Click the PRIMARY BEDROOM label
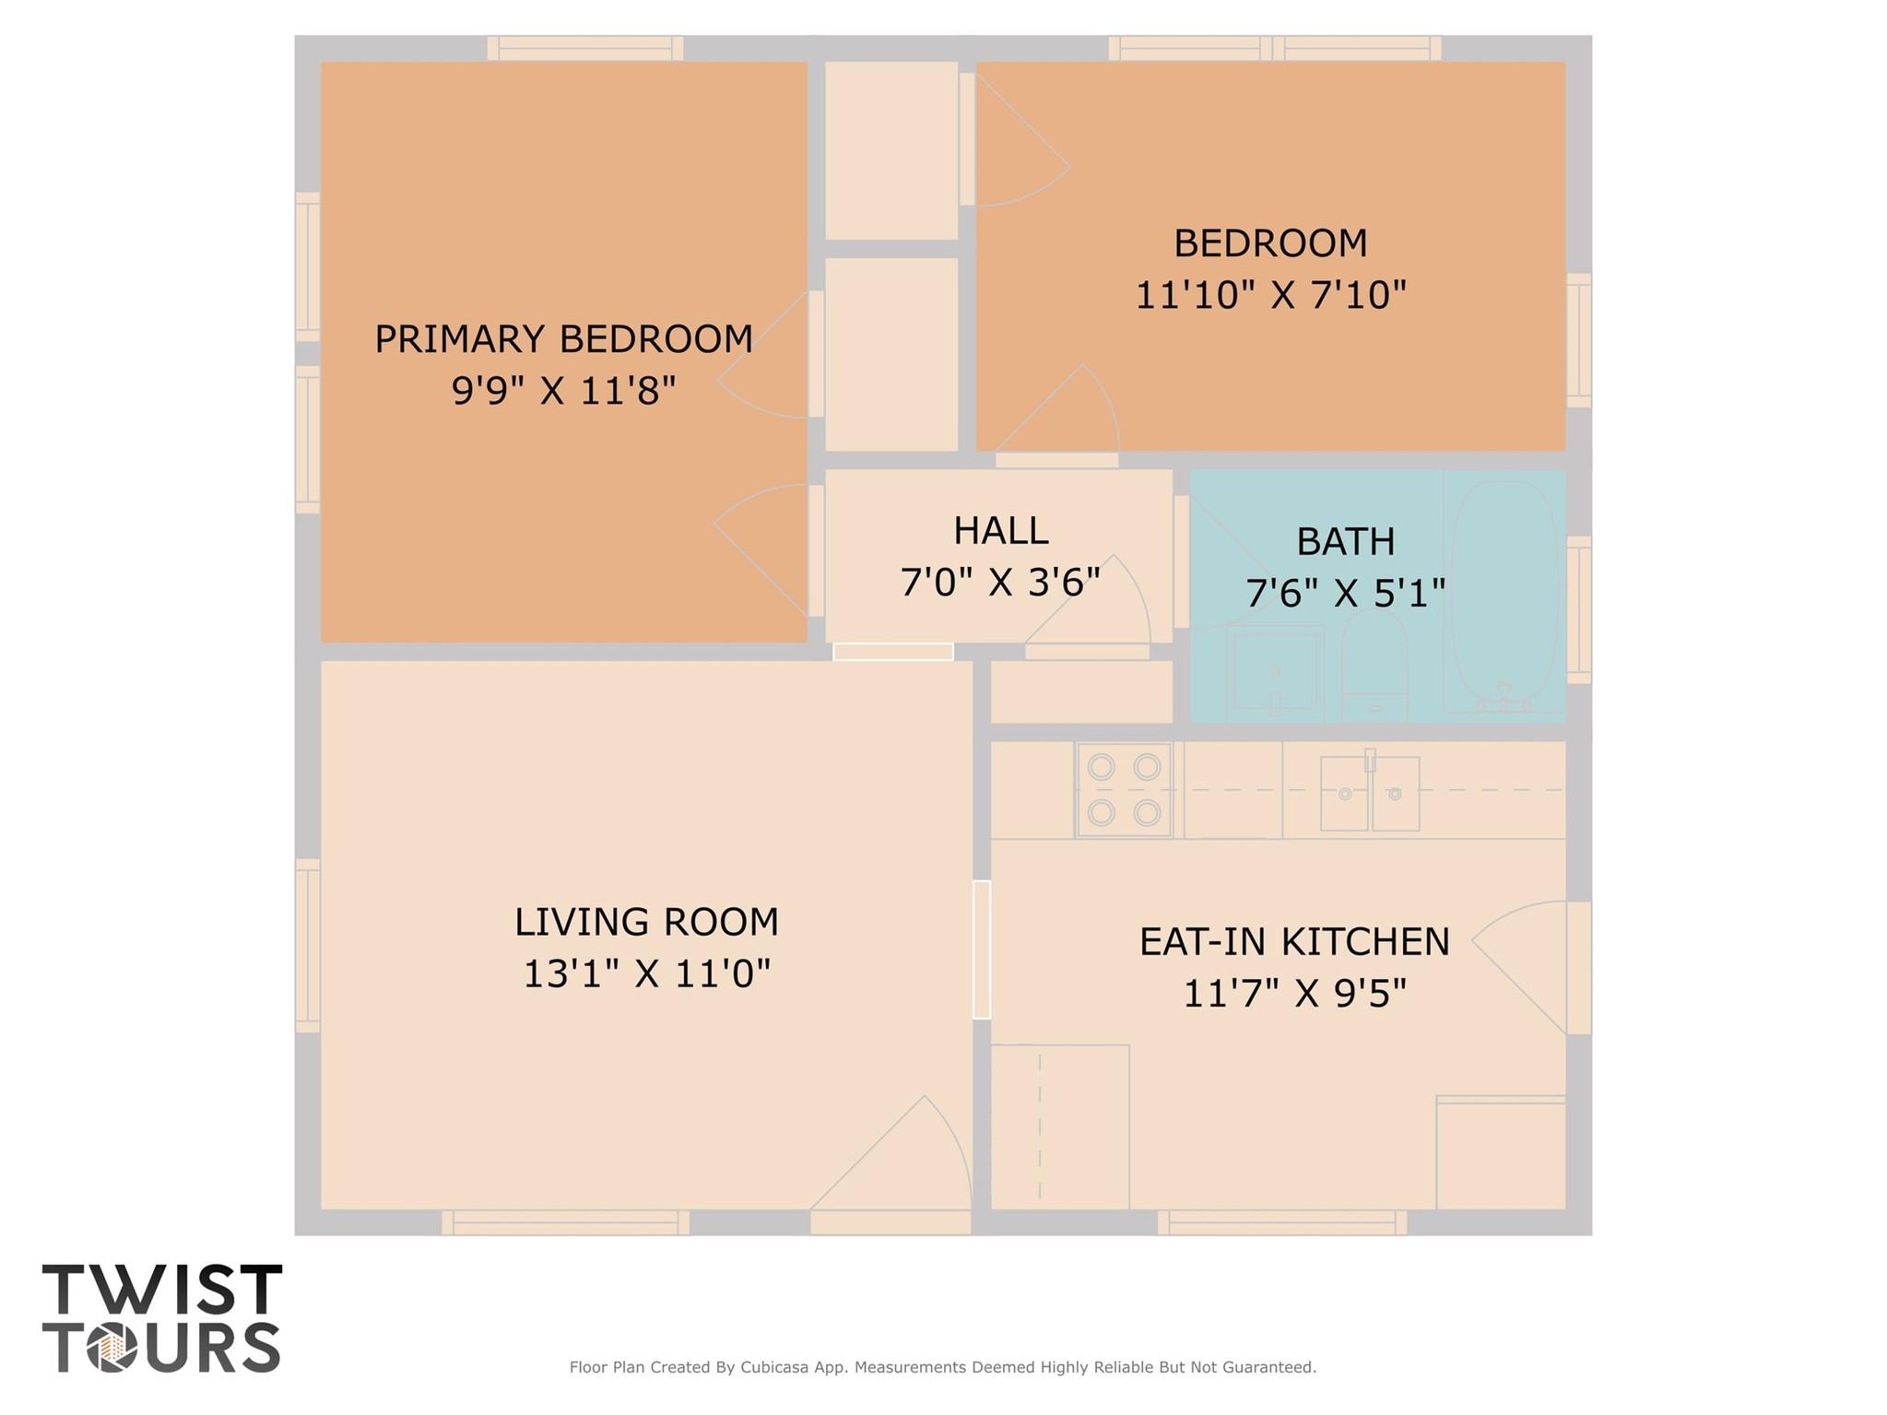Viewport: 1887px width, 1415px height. point(563,339)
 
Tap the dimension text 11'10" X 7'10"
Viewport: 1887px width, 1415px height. point(1270,296)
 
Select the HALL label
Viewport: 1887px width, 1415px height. point(1000,531)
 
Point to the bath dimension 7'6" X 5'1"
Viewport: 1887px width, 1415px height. point(1345,593)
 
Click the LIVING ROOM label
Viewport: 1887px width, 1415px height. point(646,922)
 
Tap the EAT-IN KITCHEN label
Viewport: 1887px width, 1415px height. point(1294,942)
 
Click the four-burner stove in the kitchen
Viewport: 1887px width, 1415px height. point(1124,790)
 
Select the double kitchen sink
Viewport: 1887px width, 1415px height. point(1369,793)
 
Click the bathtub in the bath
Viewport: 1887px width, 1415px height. point(1504,595)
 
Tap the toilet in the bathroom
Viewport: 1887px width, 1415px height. point(1374,668)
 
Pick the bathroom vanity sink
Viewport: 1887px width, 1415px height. point(1275,670)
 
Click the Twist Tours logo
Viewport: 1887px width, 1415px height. point(161,1318)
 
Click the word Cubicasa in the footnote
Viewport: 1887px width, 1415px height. point(773,1367)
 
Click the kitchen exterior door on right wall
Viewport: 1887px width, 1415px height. point(1578,968)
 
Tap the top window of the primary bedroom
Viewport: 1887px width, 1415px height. point(584,48)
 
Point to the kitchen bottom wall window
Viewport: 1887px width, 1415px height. point(1281,1223)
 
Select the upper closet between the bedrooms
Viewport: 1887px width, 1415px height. point(890,150)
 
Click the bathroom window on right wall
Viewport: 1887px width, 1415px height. point(1578,609)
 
